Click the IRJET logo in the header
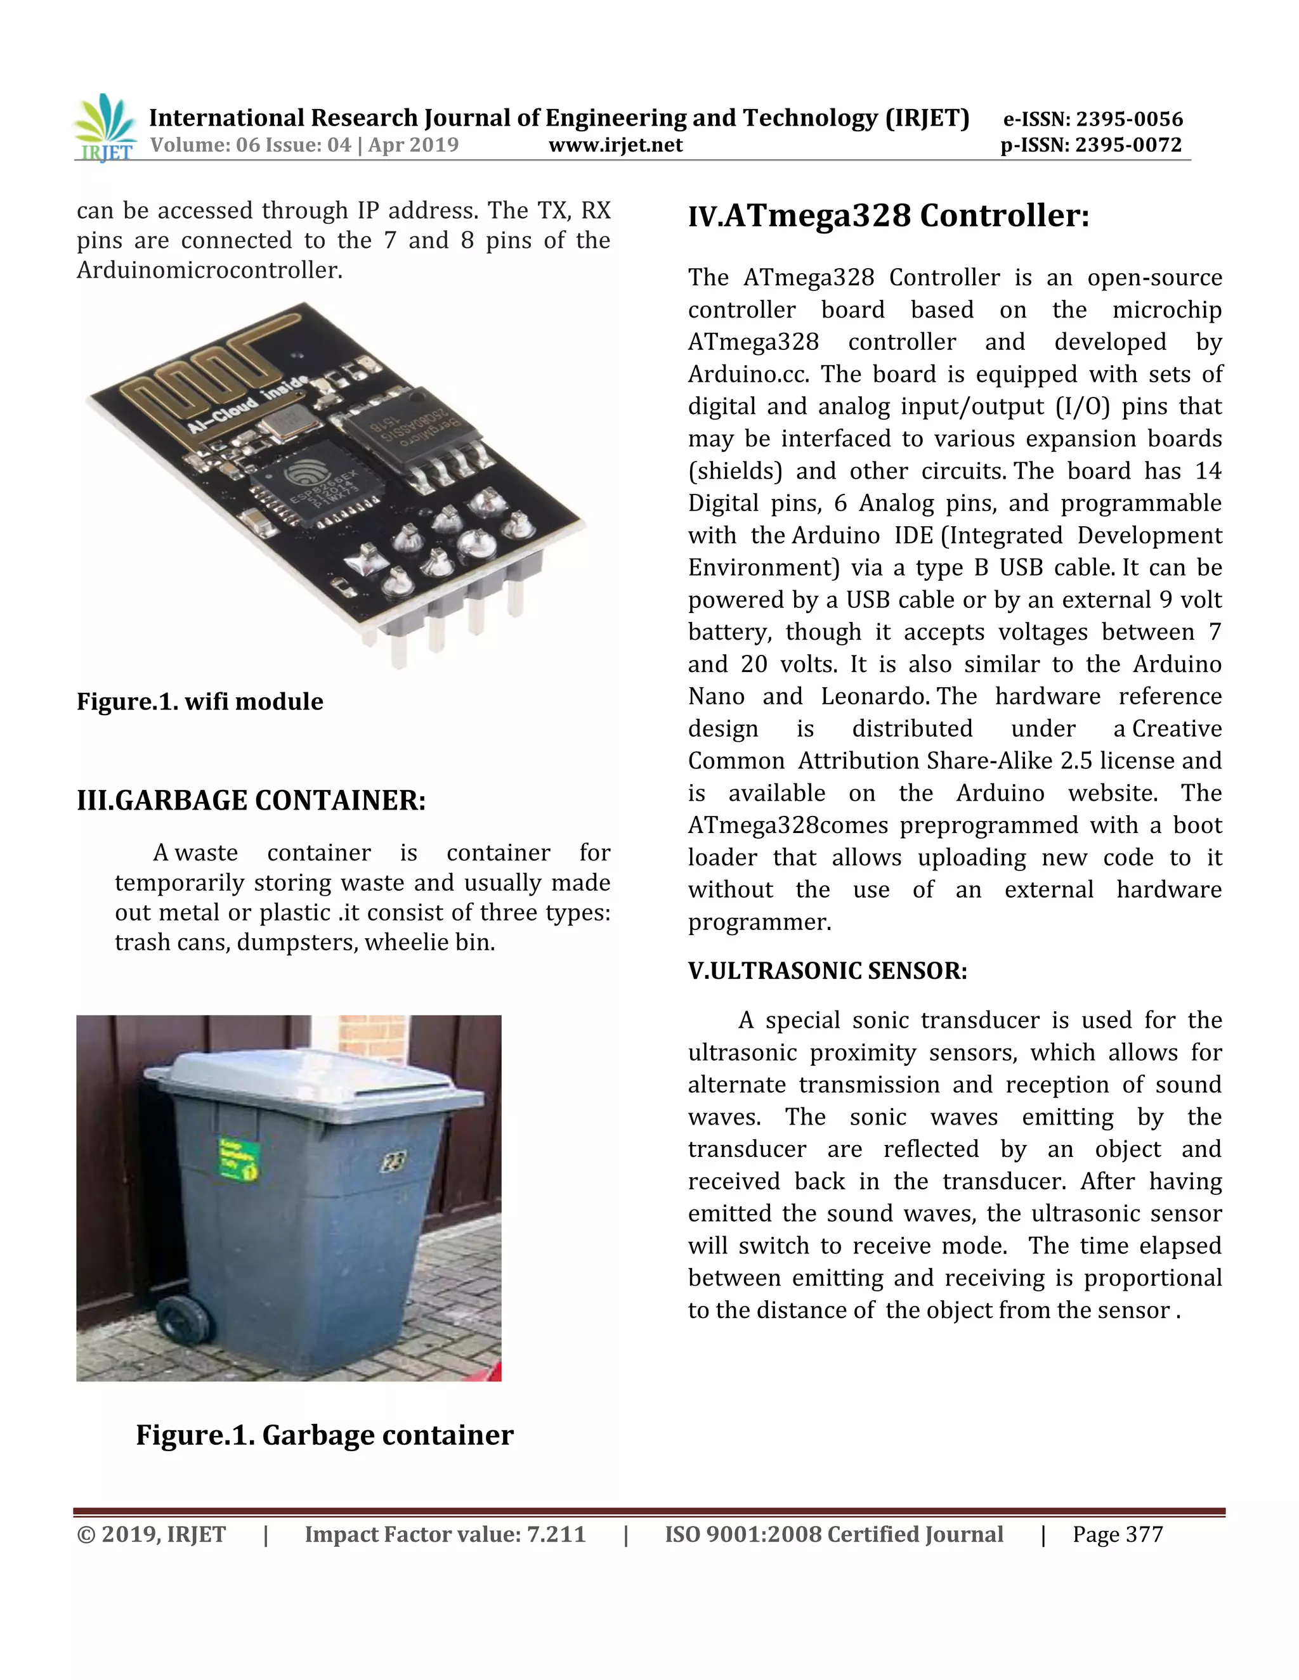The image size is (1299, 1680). [x=106, y=127]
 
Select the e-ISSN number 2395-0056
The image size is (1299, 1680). [x=1129, y=119]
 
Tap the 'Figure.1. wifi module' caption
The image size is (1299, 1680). [x=199, y=702]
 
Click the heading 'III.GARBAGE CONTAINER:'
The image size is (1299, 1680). [x=251, y=800]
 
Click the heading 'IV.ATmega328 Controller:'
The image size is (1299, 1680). [x=888, y=216]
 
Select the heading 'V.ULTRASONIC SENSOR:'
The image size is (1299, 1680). [x=827, y=971]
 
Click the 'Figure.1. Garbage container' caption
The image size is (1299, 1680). [x=324, y=1435]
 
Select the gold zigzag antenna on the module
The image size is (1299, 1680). [x=208, y=369]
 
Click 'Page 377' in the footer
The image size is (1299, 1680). [x=1118, y=1535]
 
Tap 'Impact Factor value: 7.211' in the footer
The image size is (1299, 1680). [x=445, y=1535]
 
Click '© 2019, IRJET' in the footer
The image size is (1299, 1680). [x=152, y=1535]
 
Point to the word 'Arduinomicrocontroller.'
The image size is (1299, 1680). [x=209, y=270]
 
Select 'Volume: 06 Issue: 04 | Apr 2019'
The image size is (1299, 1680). [x=304, y=145]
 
